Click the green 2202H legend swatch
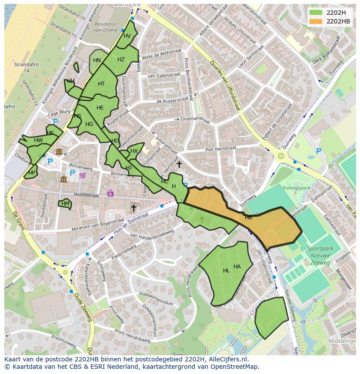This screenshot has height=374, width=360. coord(316,12)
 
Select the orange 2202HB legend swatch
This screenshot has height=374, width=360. coord(316,21)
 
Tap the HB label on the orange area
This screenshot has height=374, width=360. coord(248,218)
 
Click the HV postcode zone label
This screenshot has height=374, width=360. coord(127,36)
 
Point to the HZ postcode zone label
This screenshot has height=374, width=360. coord(121,60)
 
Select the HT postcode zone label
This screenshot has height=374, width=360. coord(101,84)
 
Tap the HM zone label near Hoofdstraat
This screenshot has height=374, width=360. coord(65,203)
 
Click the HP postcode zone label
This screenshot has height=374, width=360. coord(31,172)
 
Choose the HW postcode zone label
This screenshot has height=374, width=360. coord(38,140)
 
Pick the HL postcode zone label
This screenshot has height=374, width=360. coord(226,271)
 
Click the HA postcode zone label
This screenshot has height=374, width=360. coord(237,267)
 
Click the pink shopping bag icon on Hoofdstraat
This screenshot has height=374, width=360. coord(110,193)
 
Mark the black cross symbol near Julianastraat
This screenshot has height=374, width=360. coord(179,164)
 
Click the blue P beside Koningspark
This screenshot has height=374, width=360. coord(319,151)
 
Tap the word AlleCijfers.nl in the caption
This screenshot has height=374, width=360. coord(227,359)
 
